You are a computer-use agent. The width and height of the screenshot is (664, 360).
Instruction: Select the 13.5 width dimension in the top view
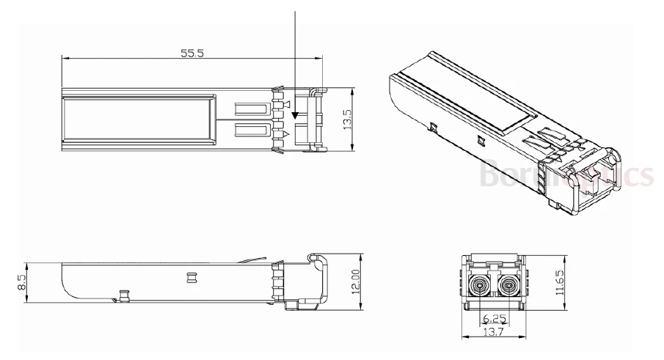(x=348, y=120)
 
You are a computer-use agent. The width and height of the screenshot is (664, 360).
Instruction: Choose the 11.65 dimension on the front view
(x=560, y=281)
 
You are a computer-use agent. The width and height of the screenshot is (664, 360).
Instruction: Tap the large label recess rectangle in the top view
(x=139, y=119)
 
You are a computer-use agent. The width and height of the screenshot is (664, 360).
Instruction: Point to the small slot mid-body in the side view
(x=193, y=278)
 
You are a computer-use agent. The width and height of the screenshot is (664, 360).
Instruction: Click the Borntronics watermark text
(x=565, y=175)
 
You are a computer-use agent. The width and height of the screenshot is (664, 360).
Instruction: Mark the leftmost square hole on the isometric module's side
(x=435, y=128)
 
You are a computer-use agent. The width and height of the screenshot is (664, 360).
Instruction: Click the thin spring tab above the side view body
(x=253, y=260)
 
